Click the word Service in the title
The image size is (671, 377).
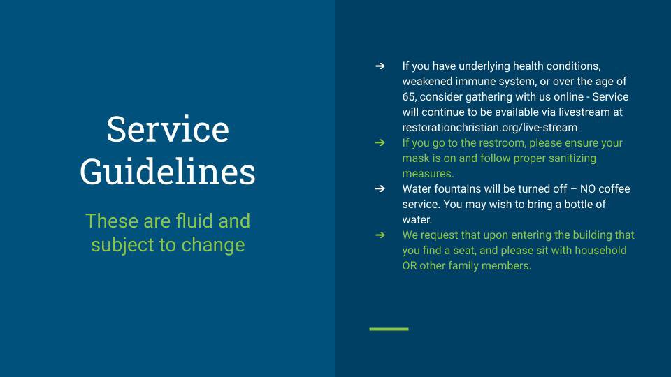click(168, 129)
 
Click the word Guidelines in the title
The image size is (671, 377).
click(168, 172)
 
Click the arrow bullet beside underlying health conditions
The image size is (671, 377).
click(380, 66)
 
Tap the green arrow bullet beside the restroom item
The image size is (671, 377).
click(380, 142)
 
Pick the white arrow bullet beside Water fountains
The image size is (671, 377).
click(380, 188)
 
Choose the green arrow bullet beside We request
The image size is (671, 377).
click(380, 235)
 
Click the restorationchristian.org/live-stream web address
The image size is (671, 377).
click(489, 127)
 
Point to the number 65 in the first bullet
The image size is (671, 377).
click(408, 97)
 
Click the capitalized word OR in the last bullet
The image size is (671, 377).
click(409, 266)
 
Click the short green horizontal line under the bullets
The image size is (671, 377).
click(389, 329)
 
